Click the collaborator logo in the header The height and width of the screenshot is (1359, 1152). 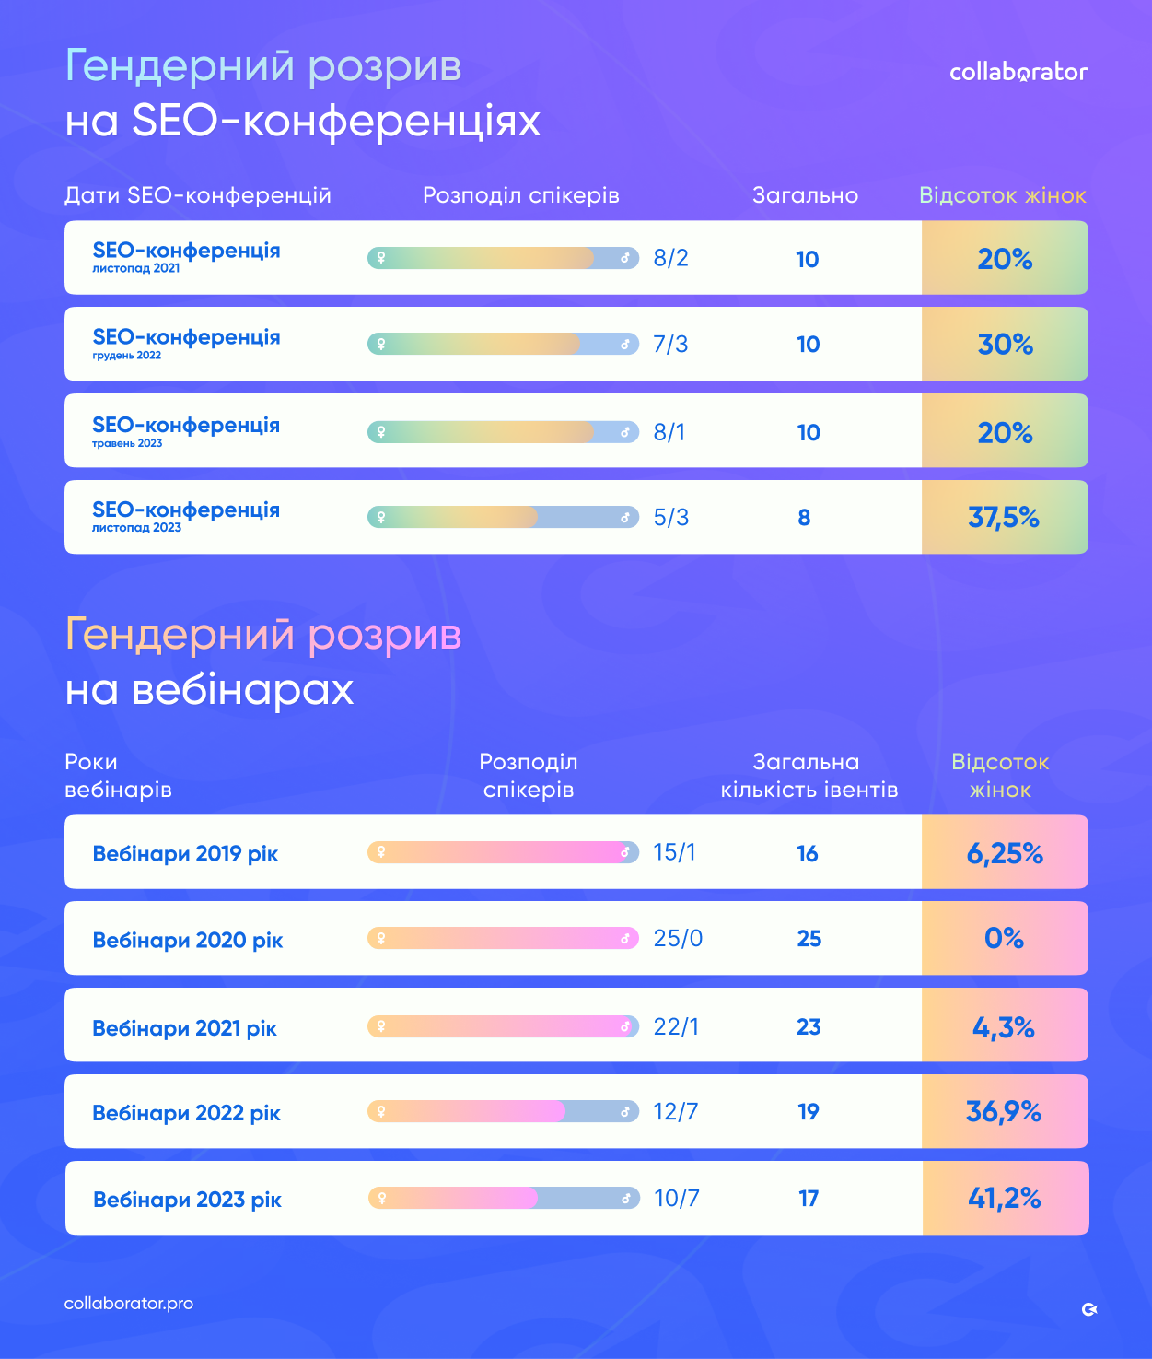tap(1018, 72)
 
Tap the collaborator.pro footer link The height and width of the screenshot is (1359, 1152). tap(129, 1304)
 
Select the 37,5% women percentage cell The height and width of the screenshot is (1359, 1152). tap(1004, 518)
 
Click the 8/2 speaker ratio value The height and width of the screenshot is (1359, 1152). tap(670, 258)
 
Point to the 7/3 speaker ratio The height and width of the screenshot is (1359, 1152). tap(670, 345)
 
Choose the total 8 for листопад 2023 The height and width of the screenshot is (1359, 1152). tap(804, 518)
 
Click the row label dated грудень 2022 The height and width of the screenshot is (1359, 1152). tap(186, 343)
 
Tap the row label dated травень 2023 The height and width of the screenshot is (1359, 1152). tap(186, 430)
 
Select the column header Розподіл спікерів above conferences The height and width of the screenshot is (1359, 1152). tap(520, 195)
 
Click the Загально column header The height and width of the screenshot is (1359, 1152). tap(805, 195)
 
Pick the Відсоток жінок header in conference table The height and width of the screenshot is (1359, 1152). tap(1003, 195)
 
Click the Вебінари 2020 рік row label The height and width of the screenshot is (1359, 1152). tap(188, 940)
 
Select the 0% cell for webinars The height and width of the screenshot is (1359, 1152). tap(1004, 938)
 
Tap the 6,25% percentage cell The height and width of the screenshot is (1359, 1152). tap(1004, 853)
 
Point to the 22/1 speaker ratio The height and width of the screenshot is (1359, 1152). tap(676, 1026)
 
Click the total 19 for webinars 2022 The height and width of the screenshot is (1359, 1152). tap(809, 1112)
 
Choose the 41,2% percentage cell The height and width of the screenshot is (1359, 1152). tap(1004, 1198)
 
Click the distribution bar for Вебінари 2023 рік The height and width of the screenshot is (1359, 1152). tap(504, 1198)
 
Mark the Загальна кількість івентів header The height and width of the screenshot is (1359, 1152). tap(809, 776)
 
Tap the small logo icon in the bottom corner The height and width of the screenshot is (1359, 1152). tap(1089, 1309)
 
